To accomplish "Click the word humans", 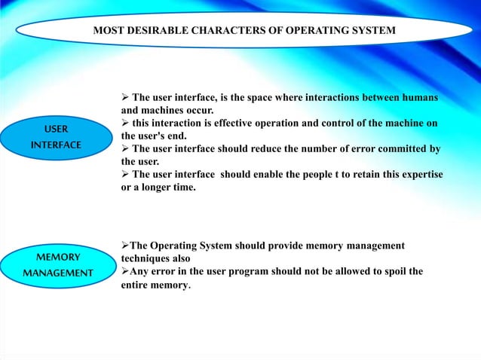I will pyautogui.click(x=421, y=98).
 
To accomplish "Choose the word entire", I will pyautogui.click(x=136, y=285).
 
